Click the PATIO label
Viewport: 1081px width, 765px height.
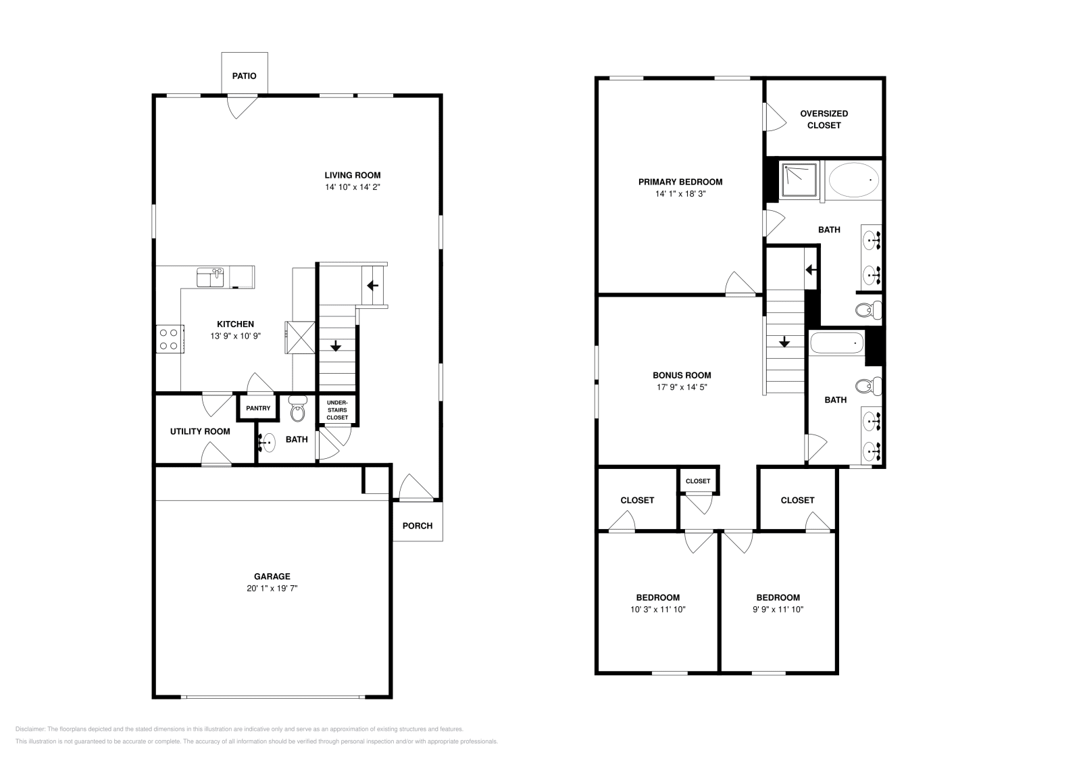[244, 76]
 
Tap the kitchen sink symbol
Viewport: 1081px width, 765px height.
[210, 276]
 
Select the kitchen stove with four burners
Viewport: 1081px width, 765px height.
[170, 339]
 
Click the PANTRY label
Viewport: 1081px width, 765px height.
[258, 408]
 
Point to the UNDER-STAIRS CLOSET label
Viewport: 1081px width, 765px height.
[337, 410]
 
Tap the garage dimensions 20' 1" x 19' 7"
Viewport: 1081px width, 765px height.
[272, 589]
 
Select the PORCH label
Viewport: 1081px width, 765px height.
[418, 526]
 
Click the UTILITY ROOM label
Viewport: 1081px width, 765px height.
[200, 431]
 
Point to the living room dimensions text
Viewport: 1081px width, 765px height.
[353, 187]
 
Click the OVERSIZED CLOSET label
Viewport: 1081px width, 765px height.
[824, 120]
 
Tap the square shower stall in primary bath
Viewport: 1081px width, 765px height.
[799, 179]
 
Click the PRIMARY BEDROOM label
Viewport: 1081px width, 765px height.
[680, 182]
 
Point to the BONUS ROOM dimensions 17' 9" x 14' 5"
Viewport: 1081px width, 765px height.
[682, 387]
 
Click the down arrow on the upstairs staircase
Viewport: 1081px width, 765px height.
[784, 343]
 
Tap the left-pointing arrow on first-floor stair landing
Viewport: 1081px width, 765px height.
[372, 285]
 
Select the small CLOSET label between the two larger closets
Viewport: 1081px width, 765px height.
[698, 481]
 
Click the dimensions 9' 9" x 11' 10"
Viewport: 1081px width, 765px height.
[778, 610]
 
